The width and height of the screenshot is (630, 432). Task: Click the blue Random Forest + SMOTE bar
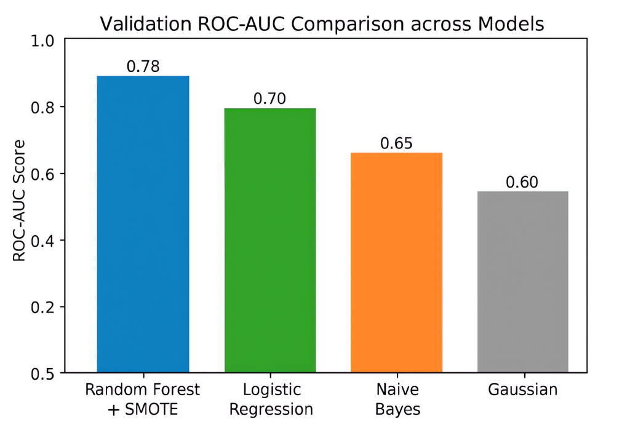pyautogui.click(x=143, y=224)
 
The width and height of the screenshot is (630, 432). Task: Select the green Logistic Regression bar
pyautogui.click(x=270, y=240)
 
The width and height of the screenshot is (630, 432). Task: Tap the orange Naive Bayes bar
pyautogui.click(x=396, y=262)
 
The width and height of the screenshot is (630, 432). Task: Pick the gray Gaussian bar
pyautogui.click(x=522, y=282)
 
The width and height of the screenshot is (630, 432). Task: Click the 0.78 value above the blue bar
pyautogui.click(x=143, y=66)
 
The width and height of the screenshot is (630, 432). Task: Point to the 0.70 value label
pyautogui.click(x=270, y=99)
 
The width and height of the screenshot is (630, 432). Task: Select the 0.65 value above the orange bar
pyautogui.click(x=396, y=143)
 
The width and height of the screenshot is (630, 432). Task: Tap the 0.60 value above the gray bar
pyautogui.click(x=522, y=182)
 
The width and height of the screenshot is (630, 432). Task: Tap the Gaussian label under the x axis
pyautogui.click(x=522, y=390)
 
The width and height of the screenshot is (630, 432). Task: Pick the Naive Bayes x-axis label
pyautogui.click(x=396, y=399)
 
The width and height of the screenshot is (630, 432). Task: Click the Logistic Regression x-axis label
pyautogui.click(x=270, y=399)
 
